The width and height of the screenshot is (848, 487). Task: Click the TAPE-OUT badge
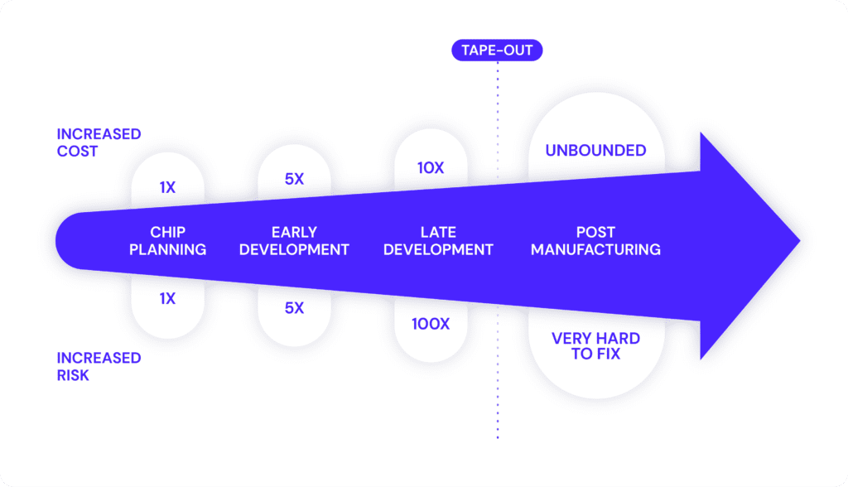pos(497,51)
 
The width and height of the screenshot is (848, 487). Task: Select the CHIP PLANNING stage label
pos(167,241)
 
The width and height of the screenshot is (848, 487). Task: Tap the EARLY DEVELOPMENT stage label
pos(294,241)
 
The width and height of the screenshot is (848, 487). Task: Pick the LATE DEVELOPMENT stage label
pos(438,241)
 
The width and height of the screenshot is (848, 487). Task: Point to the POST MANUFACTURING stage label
pos(595,241)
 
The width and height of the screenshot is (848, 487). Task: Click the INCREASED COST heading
pos(99,142)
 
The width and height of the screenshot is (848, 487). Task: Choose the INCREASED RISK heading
pos(99,366)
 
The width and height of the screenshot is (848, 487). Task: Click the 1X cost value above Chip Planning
pos(167,187)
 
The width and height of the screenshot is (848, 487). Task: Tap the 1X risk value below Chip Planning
pos(167,299)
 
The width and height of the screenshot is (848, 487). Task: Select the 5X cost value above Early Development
pos(294,179)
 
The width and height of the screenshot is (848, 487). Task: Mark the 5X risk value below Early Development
pos(294,308)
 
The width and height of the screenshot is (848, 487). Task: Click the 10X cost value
pos(431,168)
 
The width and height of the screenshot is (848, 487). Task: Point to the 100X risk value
pos(431,324)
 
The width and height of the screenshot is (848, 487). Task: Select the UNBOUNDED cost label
pos(595,151)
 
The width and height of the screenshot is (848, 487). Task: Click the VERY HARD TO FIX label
pos(595,345)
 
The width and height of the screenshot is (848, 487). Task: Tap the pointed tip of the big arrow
pos(800,241)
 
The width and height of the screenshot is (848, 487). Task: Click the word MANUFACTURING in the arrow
pos(595,249)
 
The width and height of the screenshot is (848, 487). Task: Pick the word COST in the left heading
pos(77,151)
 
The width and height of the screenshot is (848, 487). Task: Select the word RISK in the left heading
pos(73,375)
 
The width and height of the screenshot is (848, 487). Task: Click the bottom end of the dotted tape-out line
pos(498,437)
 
